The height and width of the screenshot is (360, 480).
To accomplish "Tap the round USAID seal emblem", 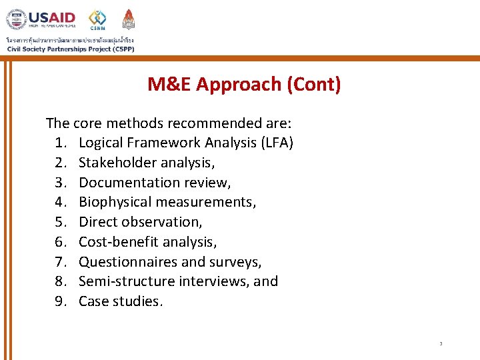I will (x=17, y=19).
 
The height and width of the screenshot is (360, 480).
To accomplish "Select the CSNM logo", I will (x=97, y=19).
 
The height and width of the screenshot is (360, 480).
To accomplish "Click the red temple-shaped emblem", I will (x=129, y=19).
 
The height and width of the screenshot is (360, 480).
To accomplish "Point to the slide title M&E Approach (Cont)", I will (x=244, y=85).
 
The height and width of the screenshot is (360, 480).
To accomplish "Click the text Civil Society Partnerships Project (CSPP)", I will (x=70, y=49).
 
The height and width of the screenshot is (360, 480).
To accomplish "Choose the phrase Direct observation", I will (x=140, y=222).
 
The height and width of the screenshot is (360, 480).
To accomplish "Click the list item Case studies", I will (x=120, y=301).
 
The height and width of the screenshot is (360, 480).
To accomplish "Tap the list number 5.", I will (x=60, y=222).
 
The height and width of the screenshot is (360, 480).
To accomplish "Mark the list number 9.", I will (x=60, y=301).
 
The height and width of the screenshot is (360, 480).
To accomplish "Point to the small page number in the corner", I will (x=441, y=344).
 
